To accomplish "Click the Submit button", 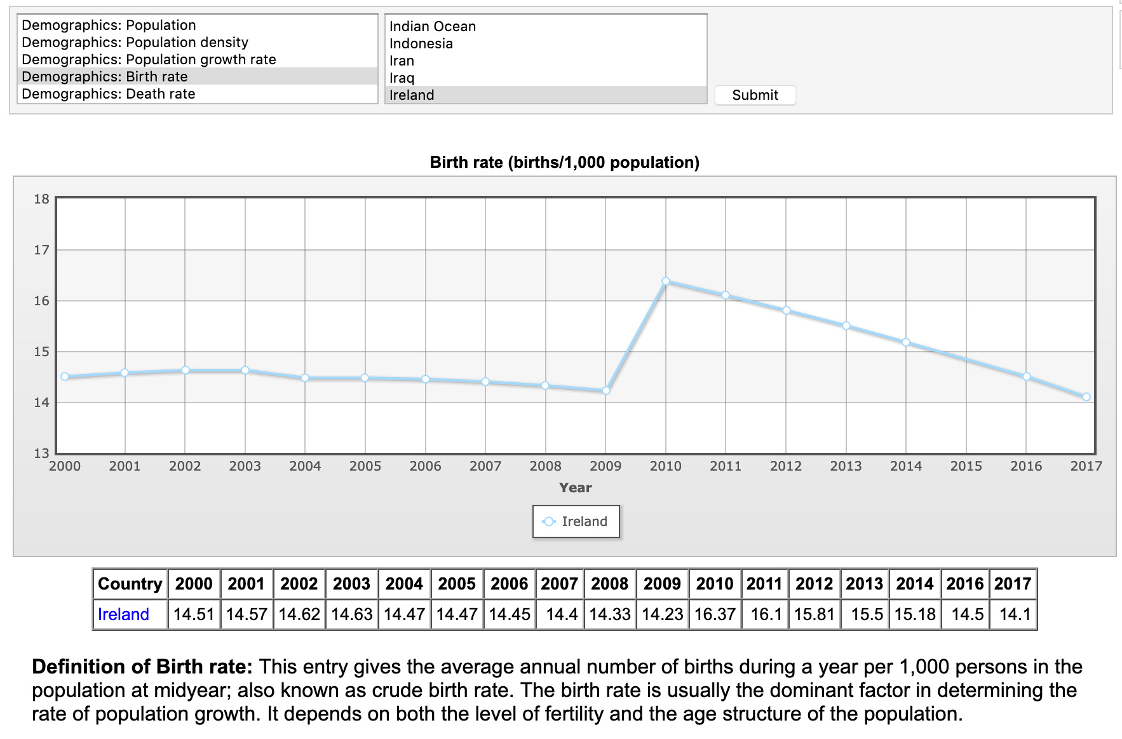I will coord(755,95).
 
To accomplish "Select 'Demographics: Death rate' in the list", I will coord(108,94).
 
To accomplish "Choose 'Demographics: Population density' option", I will coord(135,43).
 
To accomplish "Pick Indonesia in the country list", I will coord(421,44).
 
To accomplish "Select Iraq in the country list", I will coord(402,78).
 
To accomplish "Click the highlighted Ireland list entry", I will coord(412,95).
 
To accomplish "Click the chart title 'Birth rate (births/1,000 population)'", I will coord(564,162).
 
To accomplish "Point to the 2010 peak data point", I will coord(665,281).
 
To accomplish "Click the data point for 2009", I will coord(605,390).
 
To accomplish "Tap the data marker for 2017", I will coord(1086,397).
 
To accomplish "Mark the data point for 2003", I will coord(245,370).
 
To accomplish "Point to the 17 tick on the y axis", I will coord(41,250).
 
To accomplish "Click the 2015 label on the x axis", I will coord(966,466).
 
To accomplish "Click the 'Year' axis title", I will coord(575,488).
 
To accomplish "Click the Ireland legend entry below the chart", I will coord(576,521).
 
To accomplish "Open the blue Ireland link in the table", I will coord(123,614).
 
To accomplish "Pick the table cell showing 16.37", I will coord(715,614).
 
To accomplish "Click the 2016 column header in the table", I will coord(964,584).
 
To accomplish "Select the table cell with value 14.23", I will coord(662,614).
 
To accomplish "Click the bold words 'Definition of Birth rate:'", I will coord(142,666).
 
